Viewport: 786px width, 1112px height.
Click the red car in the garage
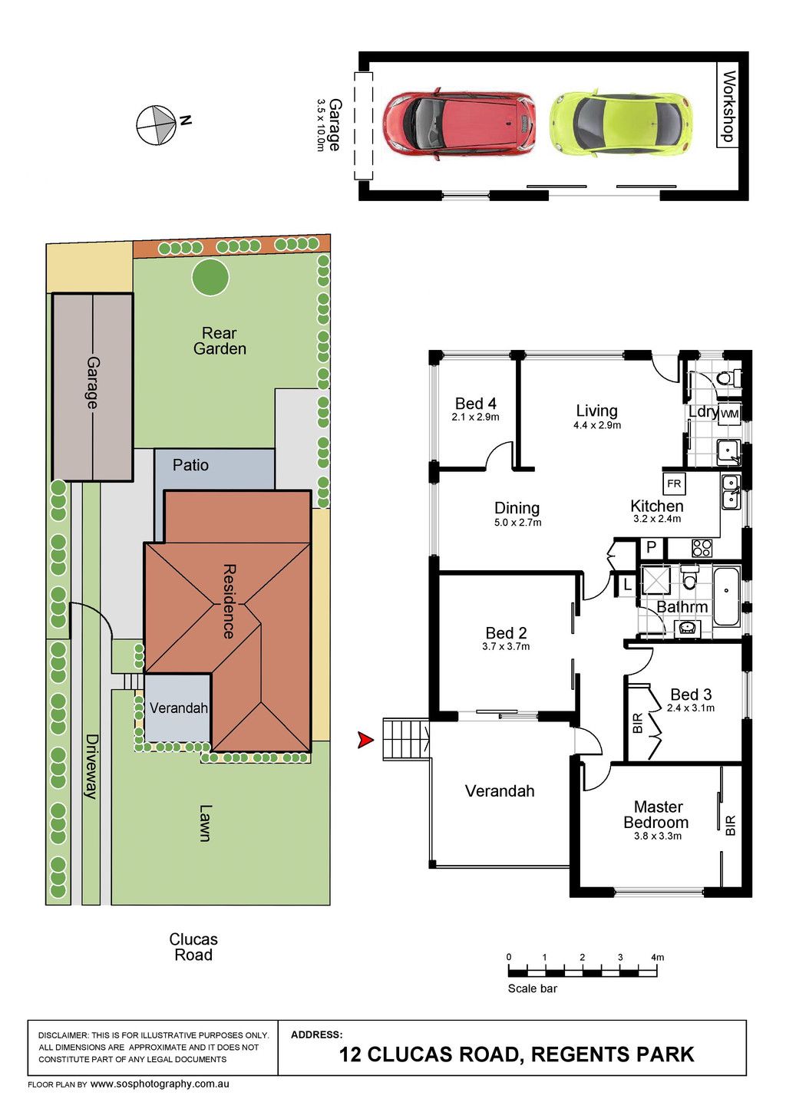point(459,124)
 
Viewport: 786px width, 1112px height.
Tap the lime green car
point(621,123)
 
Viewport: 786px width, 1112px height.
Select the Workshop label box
point(728,104)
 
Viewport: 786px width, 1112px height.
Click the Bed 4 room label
point(475,403)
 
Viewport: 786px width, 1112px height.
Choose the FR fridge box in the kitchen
point(674,483)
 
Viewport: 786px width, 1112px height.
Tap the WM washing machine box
point(729,414)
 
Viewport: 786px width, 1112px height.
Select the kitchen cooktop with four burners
point(702,549)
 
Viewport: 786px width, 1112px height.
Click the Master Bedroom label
point(656,814)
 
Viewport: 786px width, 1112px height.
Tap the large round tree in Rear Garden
point(210,276)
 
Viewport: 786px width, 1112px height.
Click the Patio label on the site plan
point(190,465)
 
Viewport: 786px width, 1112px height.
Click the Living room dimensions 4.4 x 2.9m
point(597,425)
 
